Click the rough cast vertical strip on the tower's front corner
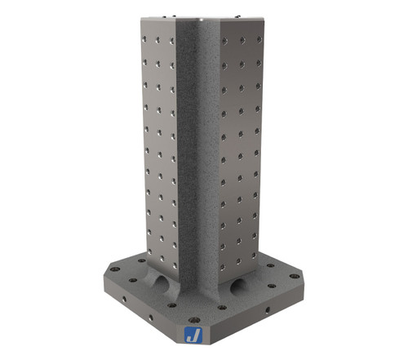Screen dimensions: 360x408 [195, 147]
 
